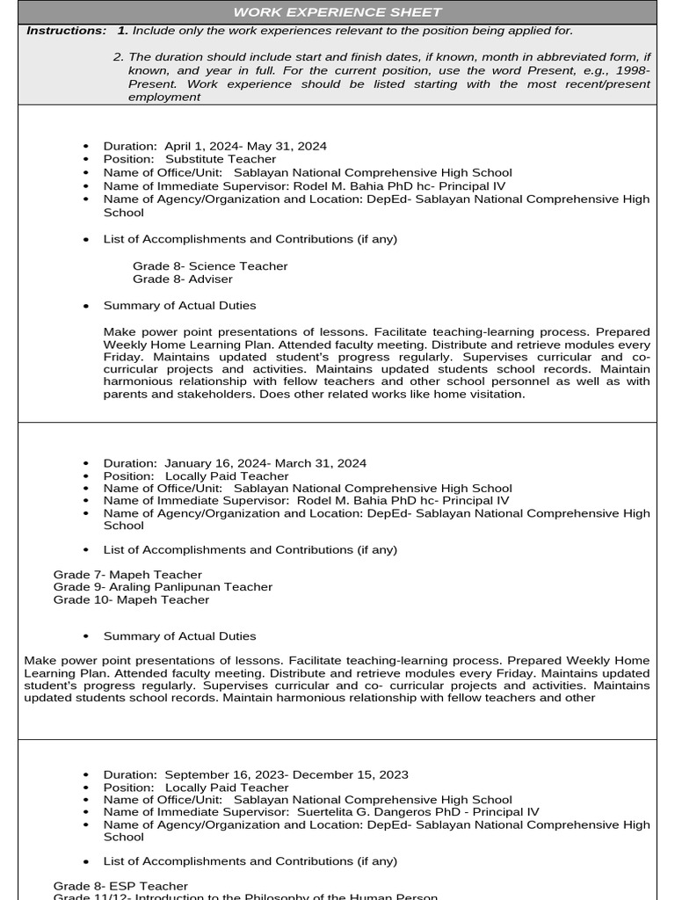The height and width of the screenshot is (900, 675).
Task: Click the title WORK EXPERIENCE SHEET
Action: (337, 12)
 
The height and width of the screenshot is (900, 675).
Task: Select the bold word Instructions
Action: (66, 31)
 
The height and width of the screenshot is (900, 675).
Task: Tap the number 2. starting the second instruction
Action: (119, 57)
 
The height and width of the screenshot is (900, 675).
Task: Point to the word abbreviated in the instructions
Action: (524, 57)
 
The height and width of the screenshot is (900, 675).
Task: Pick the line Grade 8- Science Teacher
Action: (210, 266)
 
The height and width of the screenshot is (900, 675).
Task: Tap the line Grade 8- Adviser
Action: (183, 279)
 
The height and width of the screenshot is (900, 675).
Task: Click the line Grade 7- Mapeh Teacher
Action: (127, 575)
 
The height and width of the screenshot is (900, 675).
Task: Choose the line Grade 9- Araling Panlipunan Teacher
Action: (163, 587)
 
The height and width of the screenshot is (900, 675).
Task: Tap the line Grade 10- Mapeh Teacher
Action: (131, 600)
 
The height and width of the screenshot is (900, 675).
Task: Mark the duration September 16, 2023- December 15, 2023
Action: (287, 775)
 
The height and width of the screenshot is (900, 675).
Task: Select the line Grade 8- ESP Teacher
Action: (120, 886)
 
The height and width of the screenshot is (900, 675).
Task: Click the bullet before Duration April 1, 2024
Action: (85, 147)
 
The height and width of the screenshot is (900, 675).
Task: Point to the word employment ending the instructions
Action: (164, 97)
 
